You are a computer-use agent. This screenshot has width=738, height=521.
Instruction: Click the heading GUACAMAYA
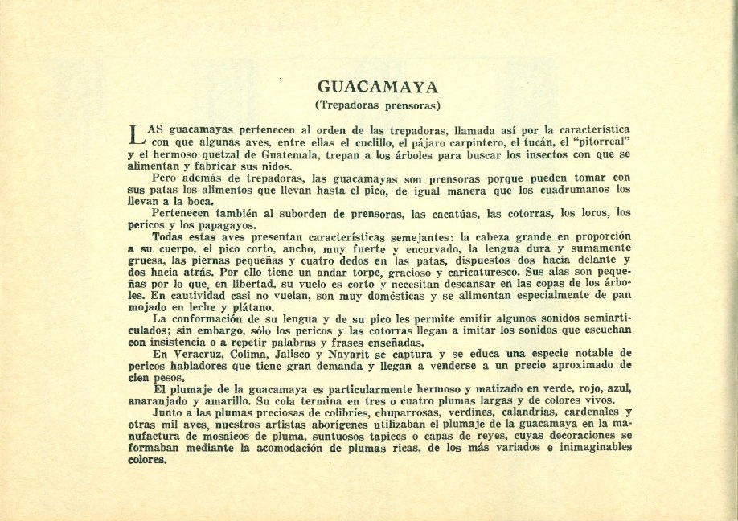pyautogui.click(x=377, y=87)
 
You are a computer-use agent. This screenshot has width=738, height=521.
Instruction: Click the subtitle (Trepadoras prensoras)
pyautogui.click(x=377, y=105)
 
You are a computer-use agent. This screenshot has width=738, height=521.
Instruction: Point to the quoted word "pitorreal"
pyautogui.click(x=600, y=141)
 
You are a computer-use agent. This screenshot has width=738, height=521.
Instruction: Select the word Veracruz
pyautogui.click(x=194, y=353)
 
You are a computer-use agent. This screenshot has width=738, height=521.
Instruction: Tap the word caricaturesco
pyautogui.click(x=457, y=272)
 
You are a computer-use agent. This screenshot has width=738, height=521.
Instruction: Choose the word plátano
pyautogui.click(x=244, y=306)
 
